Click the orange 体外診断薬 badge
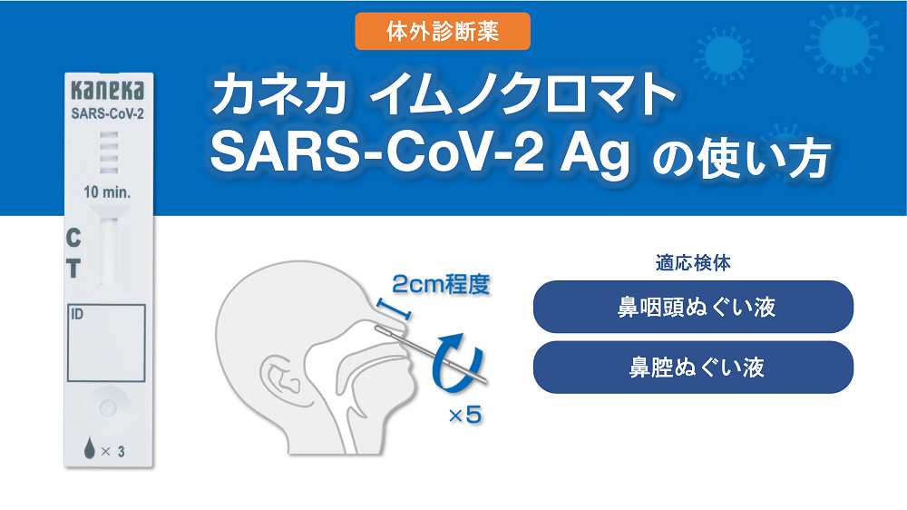click(443, 31)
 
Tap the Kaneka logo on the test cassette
click(108, 91)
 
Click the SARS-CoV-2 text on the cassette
click(108, 114)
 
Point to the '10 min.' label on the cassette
click(108, 192)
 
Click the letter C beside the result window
click(73, 238)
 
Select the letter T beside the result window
click(73, 269)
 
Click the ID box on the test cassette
click(106, 343)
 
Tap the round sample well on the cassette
click(108, 408)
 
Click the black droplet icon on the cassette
click(89, 448)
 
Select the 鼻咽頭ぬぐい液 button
click(693, 307)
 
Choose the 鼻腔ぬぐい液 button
click(693, 367)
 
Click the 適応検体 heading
click(693, 263)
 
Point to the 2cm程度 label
click(442, 284)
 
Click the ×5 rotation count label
click(465, 415)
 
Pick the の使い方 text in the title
click(742, 158)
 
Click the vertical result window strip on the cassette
click(108, 251)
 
